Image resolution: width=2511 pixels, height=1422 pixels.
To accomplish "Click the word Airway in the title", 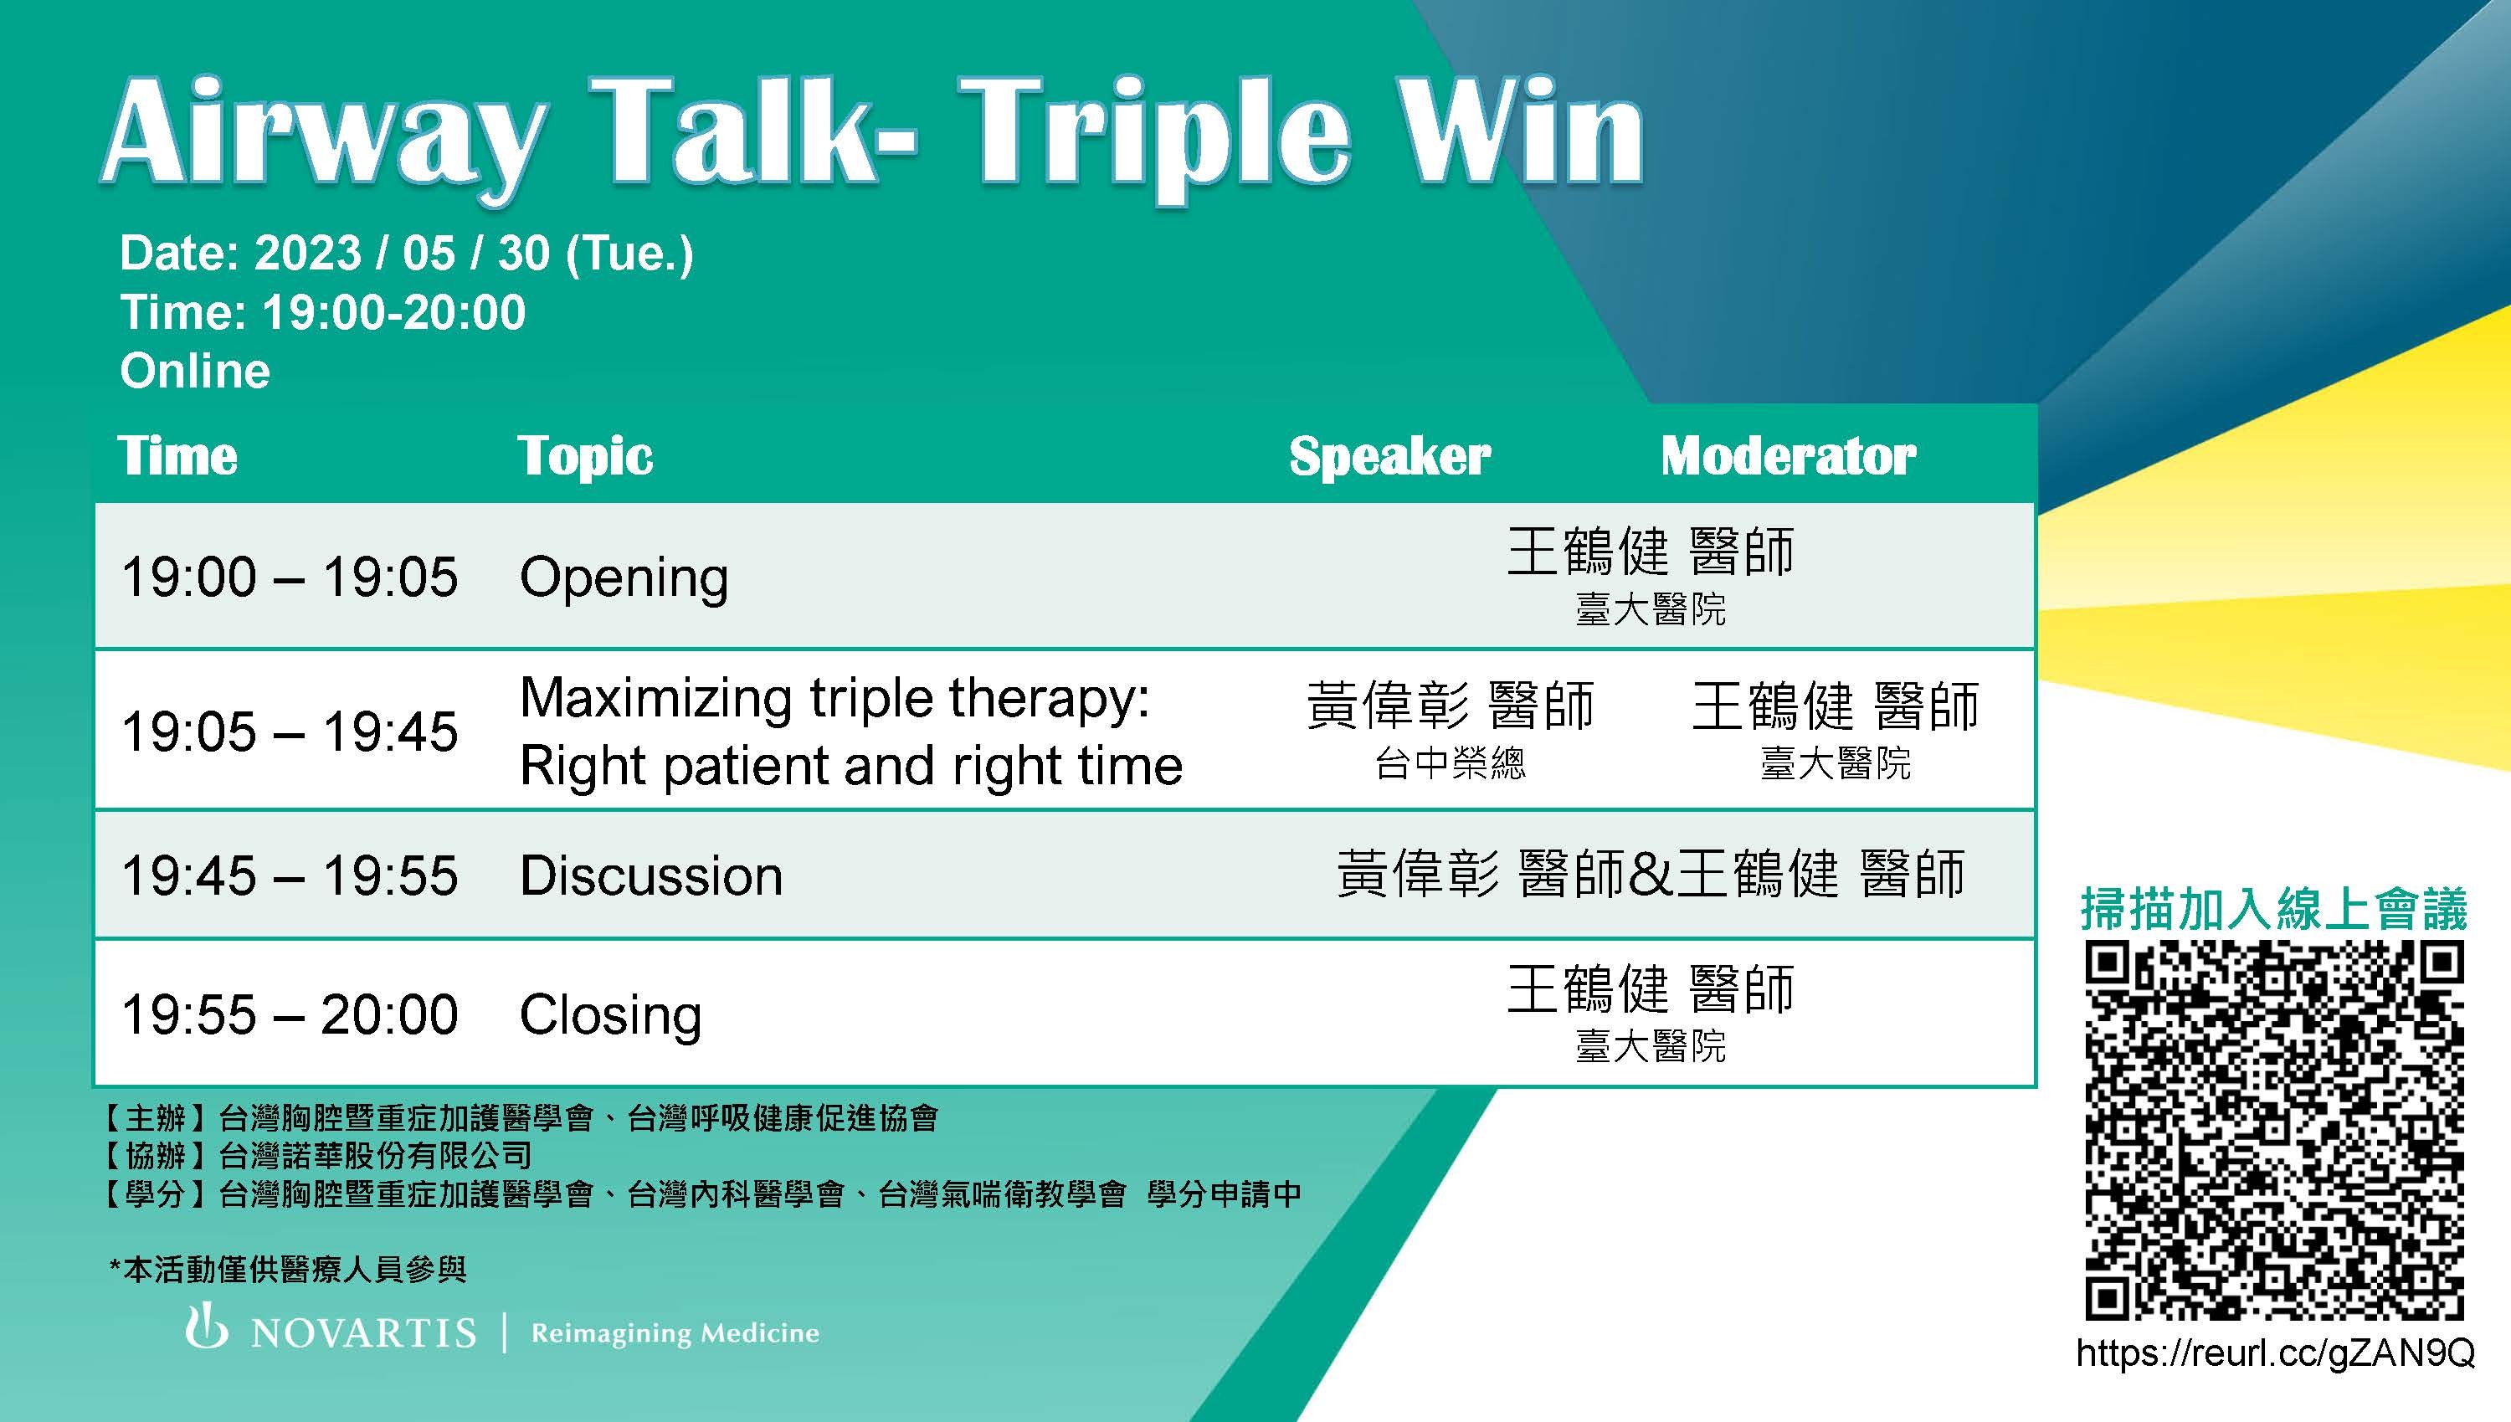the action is coord(321,136).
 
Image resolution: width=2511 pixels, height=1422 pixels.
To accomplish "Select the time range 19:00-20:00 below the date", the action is coord(393,312).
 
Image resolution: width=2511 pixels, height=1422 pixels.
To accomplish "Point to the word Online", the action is coord(195,371).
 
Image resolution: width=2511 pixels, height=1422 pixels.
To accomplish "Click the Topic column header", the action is coord(585,456).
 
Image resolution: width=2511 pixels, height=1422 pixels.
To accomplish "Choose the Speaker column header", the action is coord(1389,456).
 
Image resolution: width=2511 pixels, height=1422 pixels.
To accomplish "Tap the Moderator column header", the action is coord(1789,456).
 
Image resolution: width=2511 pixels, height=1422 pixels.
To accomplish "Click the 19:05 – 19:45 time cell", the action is coord(289,732).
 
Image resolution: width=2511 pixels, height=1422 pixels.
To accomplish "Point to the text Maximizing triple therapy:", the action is coord(835,699).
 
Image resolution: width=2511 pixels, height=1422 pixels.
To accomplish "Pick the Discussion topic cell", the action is coord(651,875).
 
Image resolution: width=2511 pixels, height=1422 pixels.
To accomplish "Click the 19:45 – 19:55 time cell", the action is coord(289,875).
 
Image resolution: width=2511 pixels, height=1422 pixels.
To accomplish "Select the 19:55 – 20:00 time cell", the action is coord(289,1014).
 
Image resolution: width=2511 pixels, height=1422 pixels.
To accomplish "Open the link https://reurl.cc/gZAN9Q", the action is coord(2276,1353).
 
